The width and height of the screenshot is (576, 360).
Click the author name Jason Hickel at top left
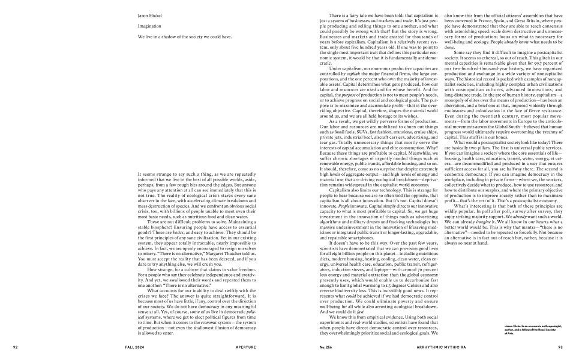149,15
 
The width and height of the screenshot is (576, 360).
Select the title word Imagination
149,26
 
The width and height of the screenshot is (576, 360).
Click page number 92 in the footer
17,347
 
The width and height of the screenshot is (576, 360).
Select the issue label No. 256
328,347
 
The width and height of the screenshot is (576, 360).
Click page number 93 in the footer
560,347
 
